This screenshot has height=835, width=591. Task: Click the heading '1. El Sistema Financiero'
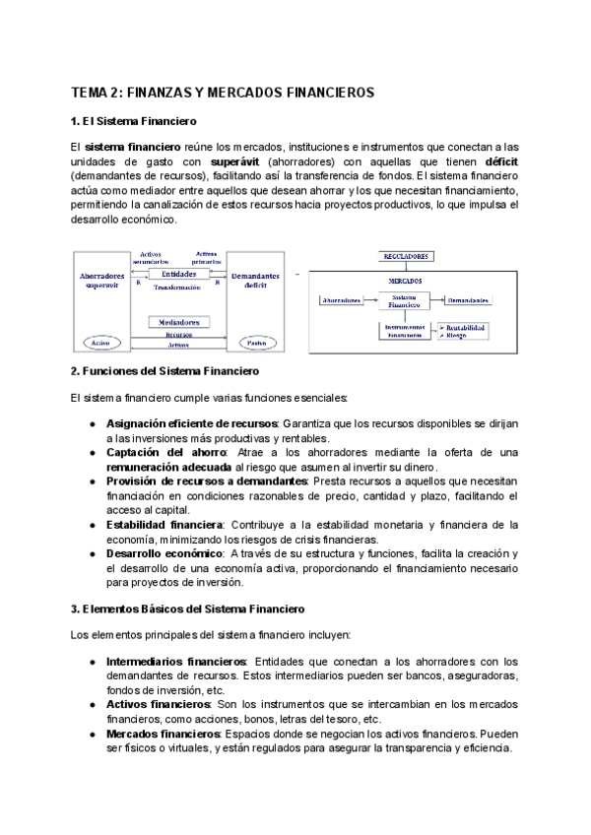pos(134,121)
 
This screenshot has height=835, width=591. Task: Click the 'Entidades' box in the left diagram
pos(178,274)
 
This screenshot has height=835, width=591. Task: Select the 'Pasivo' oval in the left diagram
pos(257,343)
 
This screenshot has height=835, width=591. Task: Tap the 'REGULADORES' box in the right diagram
pos(405,256)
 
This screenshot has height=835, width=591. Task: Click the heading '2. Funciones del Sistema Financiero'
pos(164,372)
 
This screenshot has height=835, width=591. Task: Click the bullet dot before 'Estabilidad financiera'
pos(92,525)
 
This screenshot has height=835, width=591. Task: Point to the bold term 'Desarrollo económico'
pos(164,554)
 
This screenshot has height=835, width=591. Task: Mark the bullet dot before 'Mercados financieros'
pos(92,735)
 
